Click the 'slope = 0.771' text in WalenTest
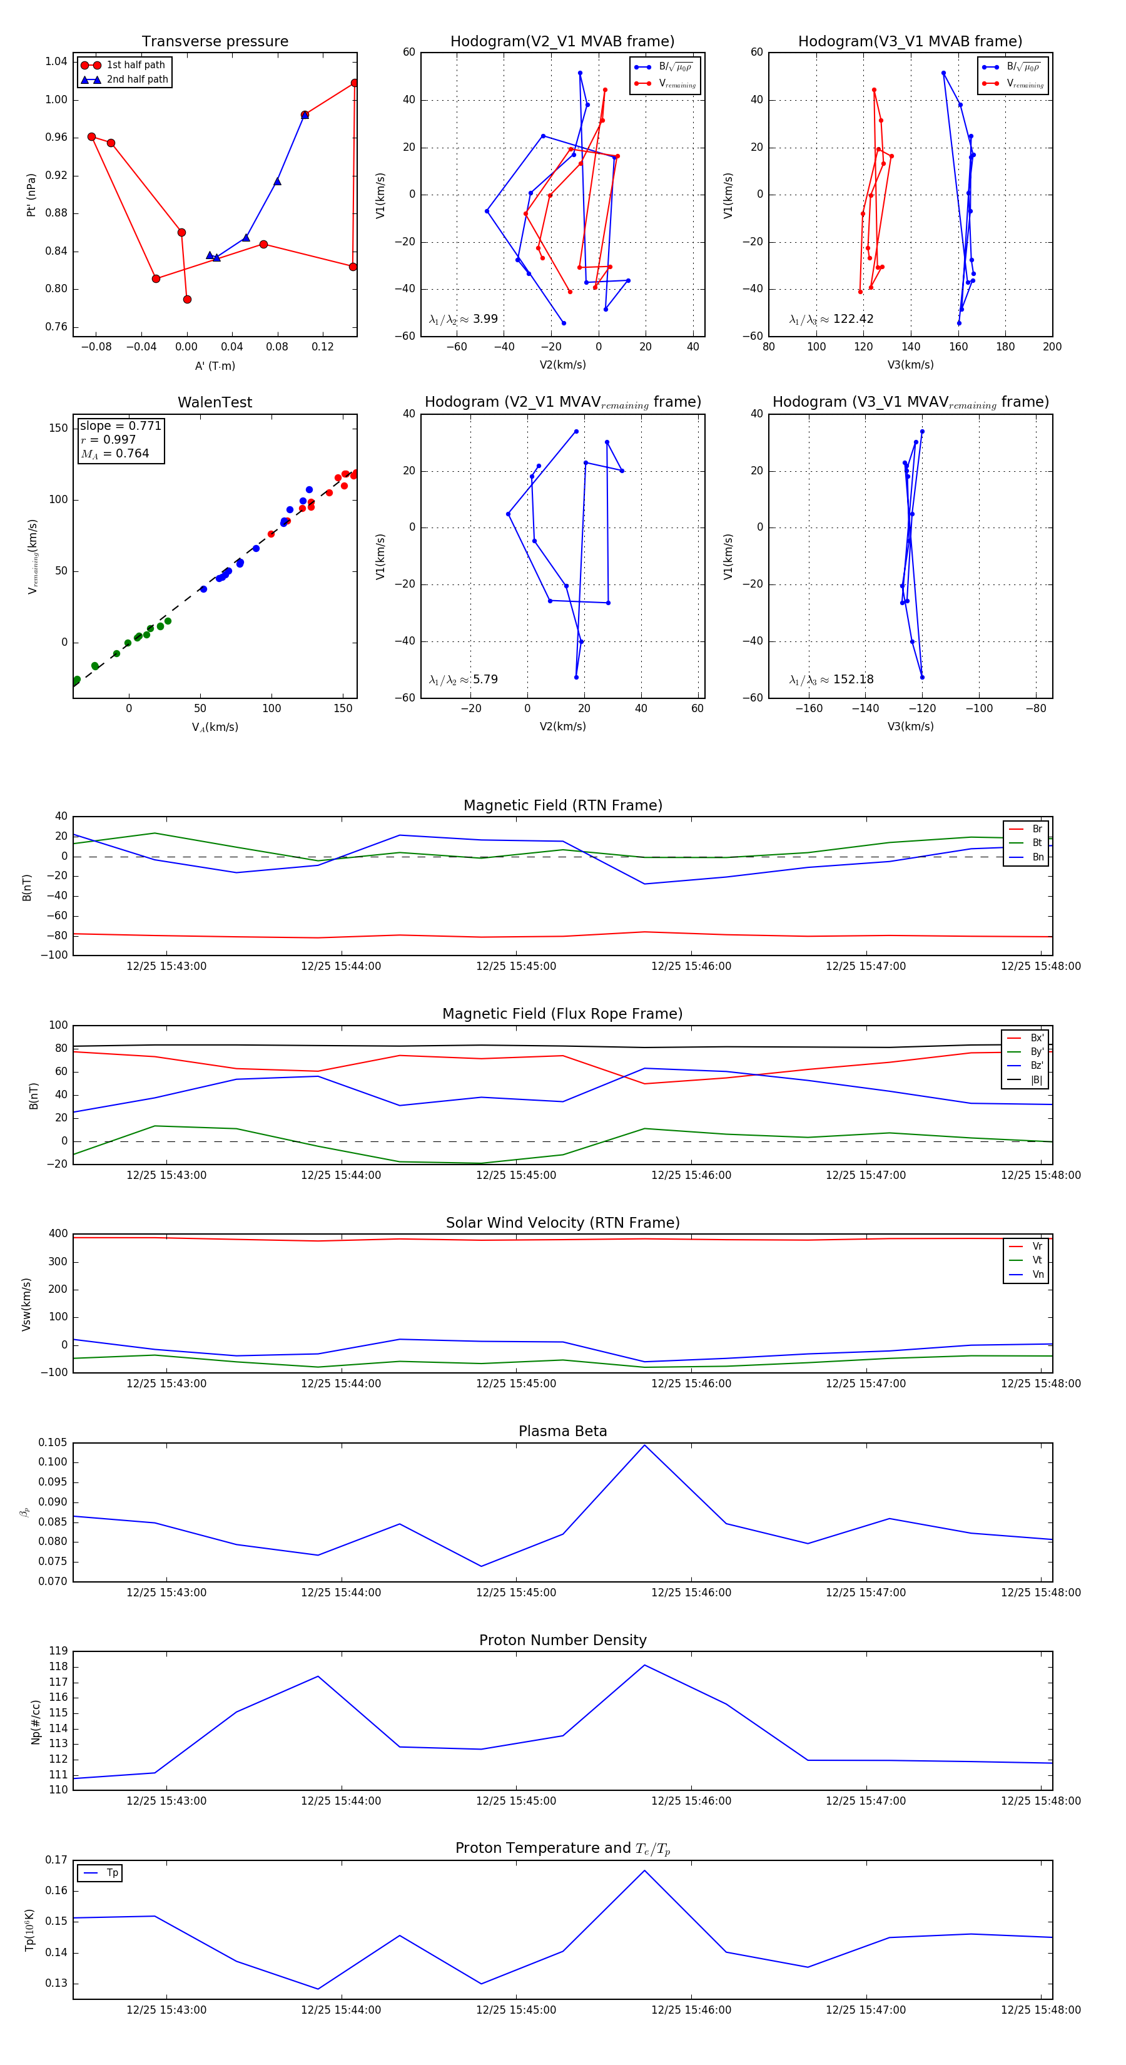click(x=120, y=426)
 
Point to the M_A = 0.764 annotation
click(x=114, y=454)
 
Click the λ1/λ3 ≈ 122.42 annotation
click(x=831, y=319)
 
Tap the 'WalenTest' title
click(x=215, y=402)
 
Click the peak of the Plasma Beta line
click(x=644, y=1445)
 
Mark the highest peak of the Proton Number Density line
click(x=644, y=1665)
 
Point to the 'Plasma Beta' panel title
click(x=562, y=1432)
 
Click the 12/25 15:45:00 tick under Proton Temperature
click(x=515, y=2010)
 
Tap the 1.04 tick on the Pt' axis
click(x=56, y=62)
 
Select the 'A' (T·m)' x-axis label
click(x=215, y=365)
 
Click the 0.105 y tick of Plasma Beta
click(x=53, y=1443)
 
